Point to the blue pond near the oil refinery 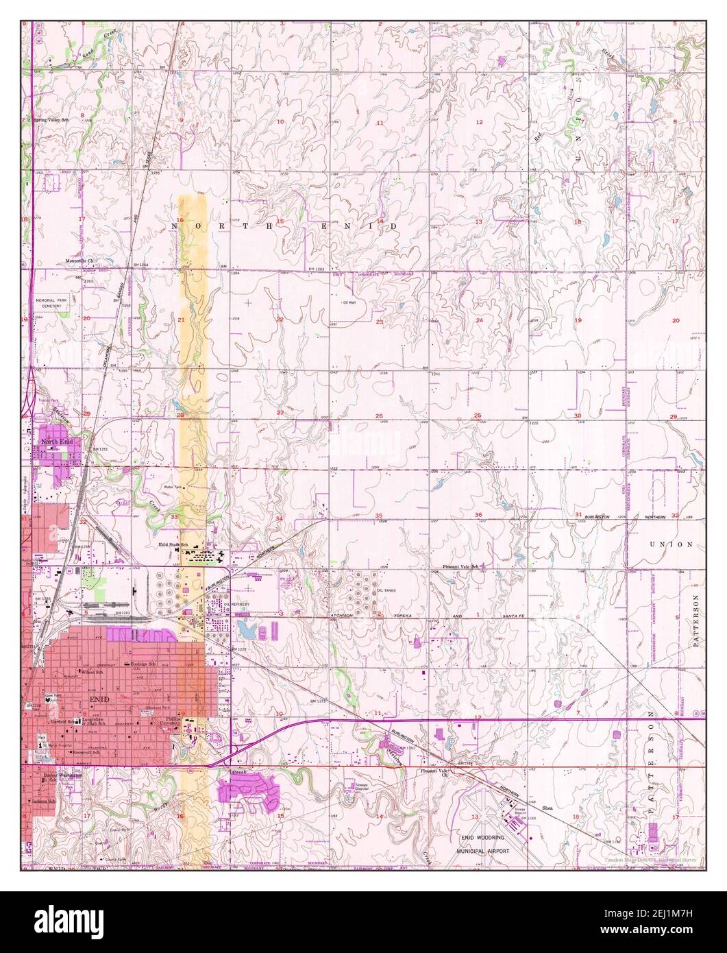click(243, 627)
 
